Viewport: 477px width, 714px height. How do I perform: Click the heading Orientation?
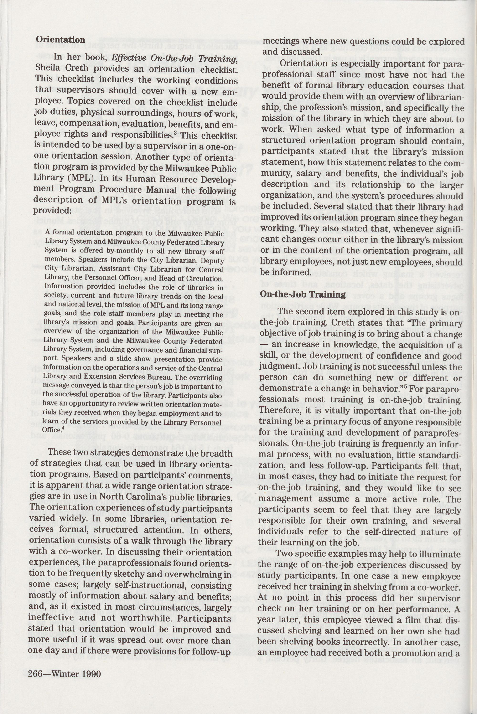[x=61, y=40]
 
